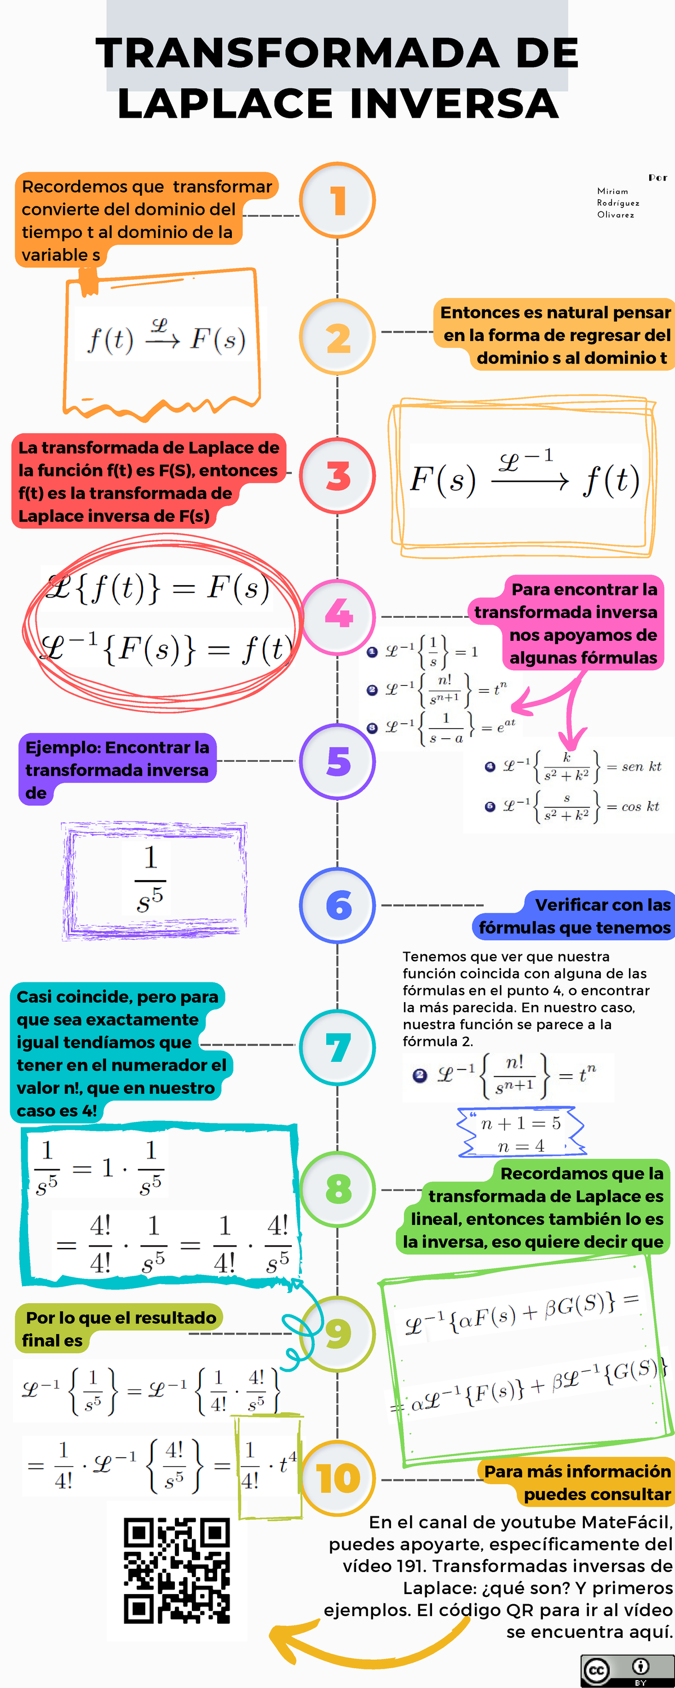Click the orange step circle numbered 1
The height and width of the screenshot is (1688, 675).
pyautogui.click(x=337, y=200)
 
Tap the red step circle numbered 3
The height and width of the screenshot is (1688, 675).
pyautogui.click(x=337, y=475)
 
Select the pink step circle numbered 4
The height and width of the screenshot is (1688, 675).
pyautogui.click(x=337, y=617)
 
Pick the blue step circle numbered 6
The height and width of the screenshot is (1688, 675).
pyautogui.click(x=337, y=905)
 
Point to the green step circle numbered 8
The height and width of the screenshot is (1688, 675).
pyautogui.click(x=337, y=1189)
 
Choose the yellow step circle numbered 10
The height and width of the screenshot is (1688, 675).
pyautogui.click(x=337, y=1479)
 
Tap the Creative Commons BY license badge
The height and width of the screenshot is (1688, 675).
pyautogui.click(x=627, y=1671)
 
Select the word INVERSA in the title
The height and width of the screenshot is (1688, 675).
pyautogui.click(x=454, y=104)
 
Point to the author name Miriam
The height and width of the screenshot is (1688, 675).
pyautogui.click(x=613, y=191)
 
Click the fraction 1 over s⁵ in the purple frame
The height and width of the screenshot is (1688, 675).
pyautogui.click(x=150, y=879)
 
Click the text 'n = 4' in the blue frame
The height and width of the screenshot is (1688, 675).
pyautogui.click(x=521, y=1146)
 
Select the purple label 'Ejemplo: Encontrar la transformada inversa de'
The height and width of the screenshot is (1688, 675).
pyautogui.click(x=116, y=770)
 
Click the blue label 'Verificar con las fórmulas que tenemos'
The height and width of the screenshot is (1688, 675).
pyautogui.click(x=573, y=916)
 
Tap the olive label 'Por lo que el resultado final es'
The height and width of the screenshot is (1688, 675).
pyautogui.click(x=119, y=1329)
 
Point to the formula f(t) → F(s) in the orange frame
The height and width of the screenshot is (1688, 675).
pyautogui.click(x=167, y=338)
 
